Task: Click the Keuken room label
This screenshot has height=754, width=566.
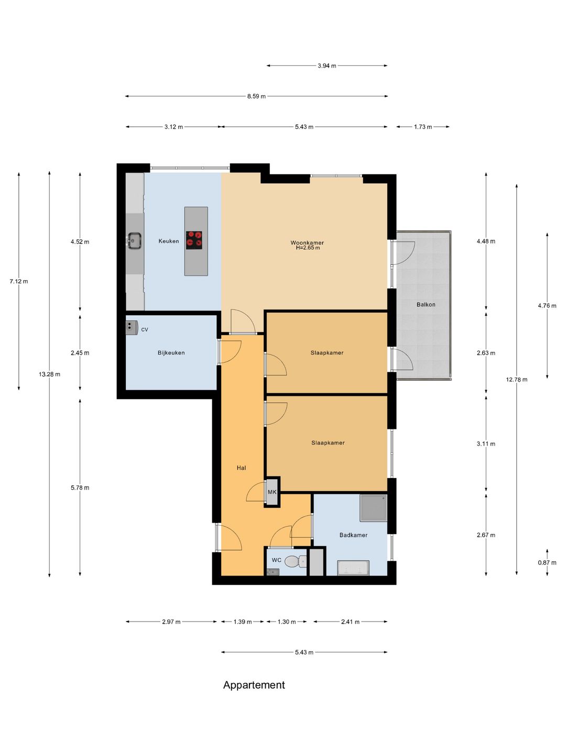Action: (169, 241)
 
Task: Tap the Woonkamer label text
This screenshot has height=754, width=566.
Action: (307, 242)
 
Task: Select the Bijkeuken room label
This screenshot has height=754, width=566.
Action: (171, 353)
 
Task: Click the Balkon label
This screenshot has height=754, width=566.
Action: (426, 305)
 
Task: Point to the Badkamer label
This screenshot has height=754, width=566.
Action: (353, 535)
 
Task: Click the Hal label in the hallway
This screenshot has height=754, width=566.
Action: (241, 468)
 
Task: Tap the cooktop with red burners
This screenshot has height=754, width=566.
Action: (194, 240)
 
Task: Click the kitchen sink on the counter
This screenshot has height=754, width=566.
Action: (134, 241)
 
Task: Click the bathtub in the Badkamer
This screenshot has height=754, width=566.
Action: (353, 568)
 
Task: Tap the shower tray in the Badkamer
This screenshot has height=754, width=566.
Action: (373, 508)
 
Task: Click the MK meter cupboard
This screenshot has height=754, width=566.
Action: (272, 492)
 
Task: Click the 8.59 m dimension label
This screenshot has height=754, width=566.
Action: (256, 96)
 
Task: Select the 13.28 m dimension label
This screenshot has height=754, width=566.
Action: (49, 374)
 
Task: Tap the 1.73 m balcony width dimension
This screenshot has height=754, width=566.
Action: (423, 127)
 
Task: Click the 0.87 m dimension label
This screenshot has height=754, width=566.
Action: (547, 563)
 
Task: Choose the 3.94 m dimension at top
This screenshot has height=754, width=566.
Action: (326, 66)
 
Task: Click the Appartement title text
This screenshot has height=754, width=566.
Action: (254, 685)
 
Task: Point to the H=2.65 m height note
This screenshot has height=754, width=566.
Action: (308, 248)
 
